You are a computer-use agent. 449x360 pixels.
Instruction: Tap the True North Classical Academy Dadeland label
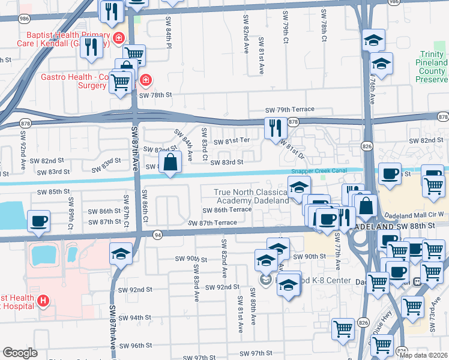click(252, 196)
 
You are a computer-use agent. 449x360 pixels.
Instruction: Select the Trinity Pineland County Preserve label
click(432, 71)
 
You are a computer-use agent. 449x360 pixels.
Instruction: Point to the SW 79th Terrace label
click(291, 110)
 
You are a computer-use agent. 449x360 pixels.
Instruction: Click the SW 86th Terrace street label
click(227, 210)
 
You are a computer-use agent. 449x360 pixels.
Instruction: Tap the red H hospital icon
click(44, 301)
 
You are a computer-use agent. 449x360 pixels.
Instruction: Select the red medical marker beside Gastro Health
click(145, 80)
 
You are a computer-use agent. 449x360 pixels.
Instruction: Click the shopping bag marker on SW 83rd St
click(170, 162)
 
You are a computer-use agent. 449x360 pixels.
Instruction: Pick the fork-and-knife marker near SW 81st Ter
click(275, 128)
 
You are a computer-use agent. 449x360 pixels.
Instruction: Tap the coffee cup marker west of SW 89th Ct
click(38, 221)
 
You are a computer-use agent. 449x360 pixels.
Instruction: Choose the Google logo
click(20, 353)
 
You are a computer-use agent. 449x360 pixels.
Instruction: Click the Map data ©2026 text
click(423, 355)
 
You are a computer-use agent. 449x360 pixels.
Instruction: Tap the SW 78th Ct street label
click(323, 28)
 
